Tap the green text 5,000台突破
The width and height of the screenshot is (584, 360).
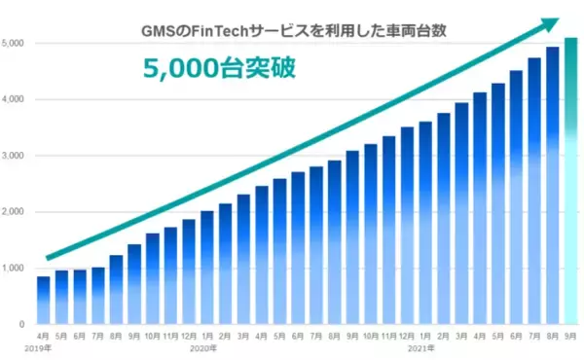pyautogui.click(x=216, y=71)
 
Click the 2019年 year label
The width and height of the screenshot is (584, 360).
pyautogui.click(x=39, y=347)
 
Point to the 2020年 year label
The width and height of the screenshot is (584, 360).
pyautogui.click(x=203, y=347)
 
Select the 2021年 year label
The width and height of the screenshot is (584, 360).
pyautogui.click(x=421, y=347)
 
